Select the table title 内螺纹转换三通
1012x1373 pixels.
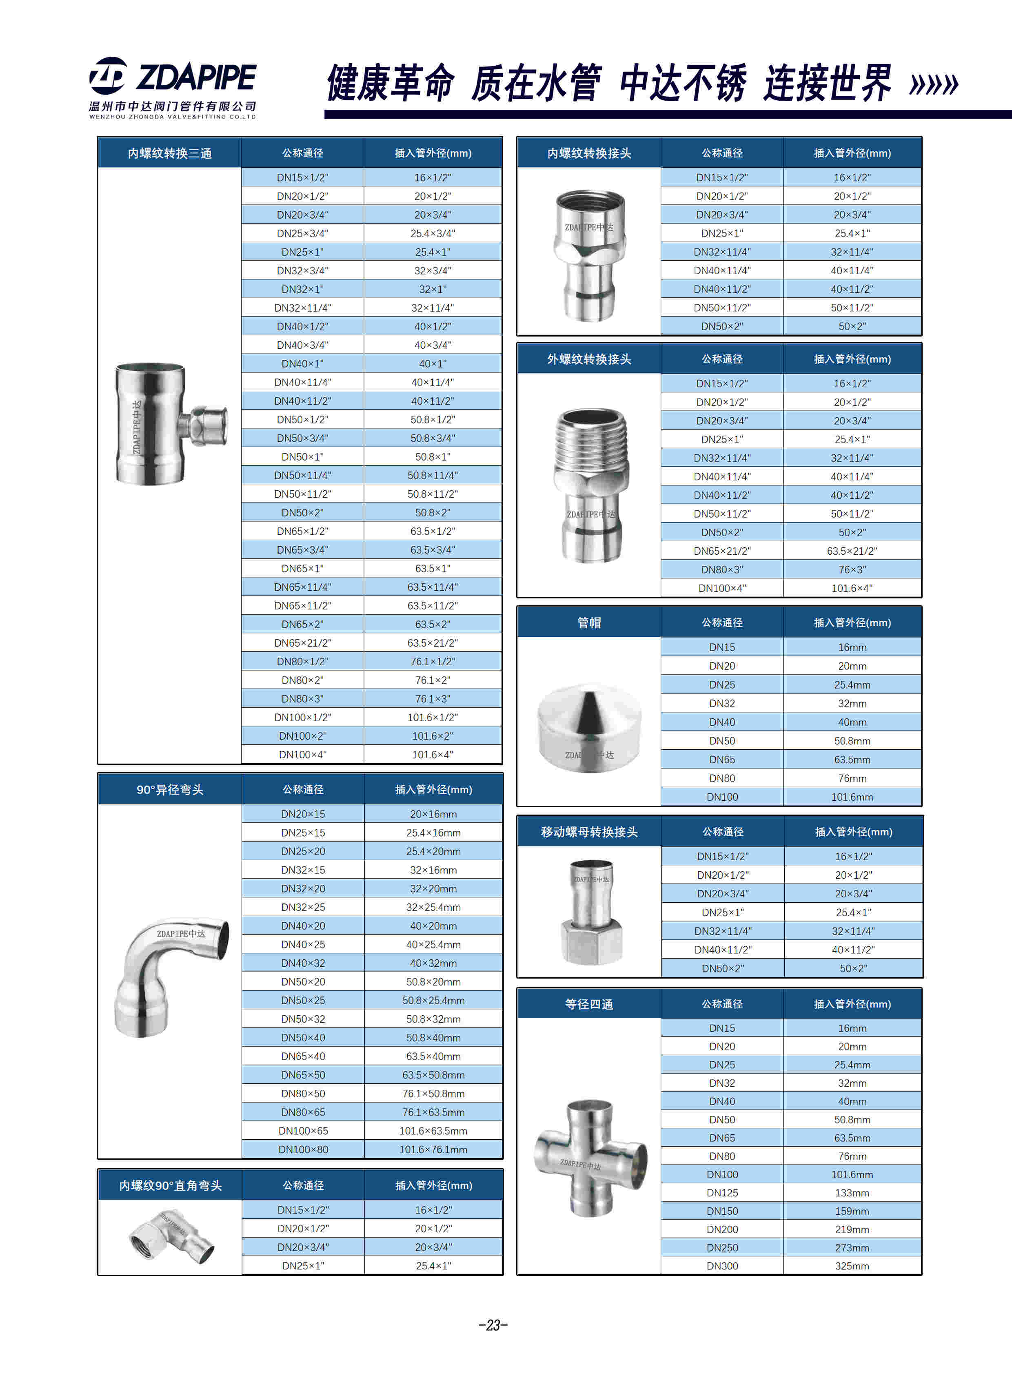pyautogui.click(x=170, y=153)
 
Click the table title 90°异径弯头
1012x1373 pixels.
pyautogui.click(x=170, y=789)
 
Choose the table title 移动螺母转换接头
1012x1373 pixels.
pyautogui.click(x=589, y=832)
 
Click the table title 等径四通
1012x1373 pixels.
pyautogui.click(x=589, y=1004)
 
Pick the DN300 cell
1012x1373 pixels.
pyautogui.click(x=722, y=1266)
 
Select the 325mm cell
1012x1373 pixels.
pyautogui.click(x=852, y=1266)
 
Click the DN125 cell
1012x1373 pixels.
pyautogui.click(x=722, y=1192)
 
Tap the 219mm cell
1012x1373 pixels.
pyautogui.click(x=852, y=1229)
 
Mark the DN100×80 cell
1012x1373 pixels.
pyautogui.click(x=303, y=1149)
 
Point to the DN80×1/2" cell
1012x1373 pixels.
pyautogui.click(x=303, y=661)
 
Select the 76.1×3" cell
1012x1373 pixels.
pyautogui.click(x=433, y=699)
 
